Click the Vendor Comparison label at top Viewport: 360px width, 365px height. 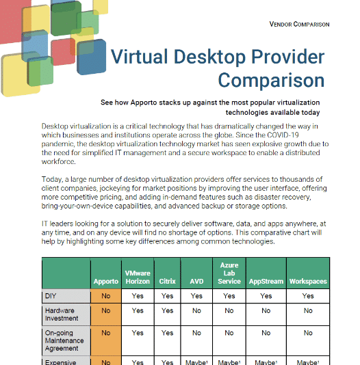tap(299, 24)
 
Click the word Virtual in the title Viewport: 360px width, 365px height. tap(139, 57)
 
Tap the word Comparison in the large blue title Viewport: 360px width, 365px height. tap(271, 80)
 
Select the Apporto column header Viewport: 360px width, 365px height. tap(106, 281)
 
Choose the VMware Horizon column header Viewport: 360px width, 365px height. tap(138, 278)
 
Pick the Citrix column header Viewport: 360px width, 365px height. tap(167, 281)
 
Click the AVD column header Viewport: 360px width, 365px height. tap(196, 281)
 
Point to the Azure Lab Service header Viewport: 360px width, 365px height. tap(229, 273)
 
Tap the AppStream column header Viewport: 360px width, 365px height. tap(266, 281)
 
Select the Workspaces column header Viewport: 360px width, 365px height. tap(308, 281)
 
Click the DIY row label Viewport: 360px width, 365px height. tap(51, 296)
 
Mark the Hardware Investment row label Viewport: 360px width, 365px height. tap(62, 314)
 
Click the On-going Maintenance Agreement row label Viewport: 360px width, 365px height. tap(64, 340)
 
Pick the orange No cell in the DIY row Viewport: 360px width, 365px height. tap(106, 296)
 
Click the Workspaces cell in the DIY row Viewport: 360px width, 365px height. tap(308, 296)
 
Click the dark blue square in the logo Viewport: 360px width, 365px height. tap(91, 57)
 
